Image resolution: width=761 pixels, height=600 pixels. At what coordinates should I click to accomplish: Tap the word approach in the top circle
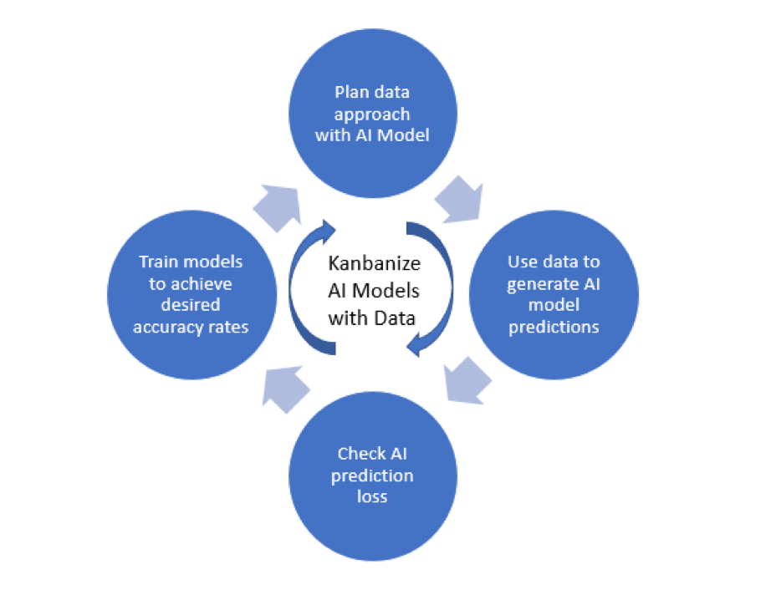tap(372, 113)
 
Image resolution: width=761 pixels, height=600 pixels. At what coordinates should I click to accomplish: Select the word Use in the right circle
tap(524, 262)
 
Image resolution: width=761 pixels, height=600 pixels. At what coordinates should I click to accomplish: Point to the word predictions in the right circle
tap(554, 327)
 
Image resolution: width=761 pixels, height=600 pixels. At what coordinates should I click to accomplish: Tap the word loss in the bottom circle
tap(372, 496)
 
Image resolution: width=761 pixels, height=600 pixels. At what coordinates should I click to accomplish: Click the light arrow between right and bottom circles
tap(467, 379)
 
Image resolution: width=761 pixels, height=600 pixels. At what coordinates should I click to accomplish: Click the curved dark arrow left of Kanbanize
tap(308, 284)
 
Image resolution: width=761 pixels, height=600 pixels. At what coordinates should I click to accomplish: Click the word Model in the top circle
tap(405, 135)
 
